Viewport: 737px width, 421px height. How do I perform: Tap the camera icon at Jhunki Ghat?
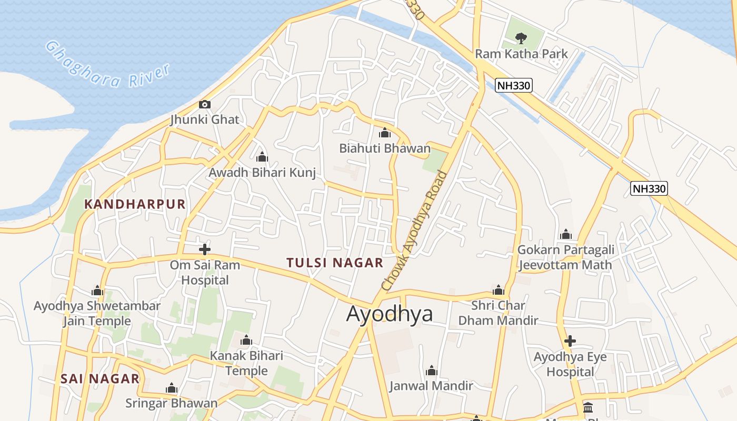pyautogui.click(x=205, y=105)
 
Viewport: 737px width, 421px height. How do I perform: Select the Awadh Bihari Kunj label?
pyautogui.click(x=262, y=172)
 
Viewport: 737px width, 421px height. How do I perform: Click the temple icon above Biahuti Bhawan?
pyautogui.click(x=385, y=133)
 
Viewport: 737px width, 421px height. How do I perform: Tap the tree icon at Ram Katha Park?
pyautogui.click(x=521, y=38)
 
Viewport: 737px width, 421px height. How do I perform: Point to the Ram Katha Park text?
pyautogui.click(x=521, y=54)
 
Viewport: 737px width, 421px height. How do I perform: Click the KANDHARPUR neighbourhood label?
pyautogui.click(x=135, y=204)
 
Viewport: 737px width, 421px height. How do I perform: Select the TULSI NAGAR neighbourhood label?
pyautogui.click(x=335, y=263)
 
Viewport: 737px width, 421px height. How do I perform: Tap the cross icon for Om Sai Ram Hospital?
pyautogui.click(x=205, y=249)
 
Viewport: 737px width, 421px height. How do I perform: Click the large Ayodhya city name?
pyautogui.click(x=390, y=314)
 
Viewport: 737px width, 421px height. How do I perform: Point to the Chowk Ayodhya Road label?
pyautogui.click(x=415, y=230)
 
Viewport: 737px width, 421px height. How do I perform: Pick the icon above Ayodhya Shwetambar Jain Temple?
pyautogui.click(x=97, y=291)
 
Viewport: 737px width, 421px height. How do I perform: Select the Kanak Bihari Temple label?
pyautogui.click(x=246, y=363)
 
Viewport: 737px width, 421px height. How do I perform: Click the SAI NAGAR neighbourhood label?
pyautogui.click(x=100, y=378)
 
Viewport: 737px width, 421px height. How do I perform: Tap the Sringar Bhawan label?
pyautogui.click(x=171, y=403)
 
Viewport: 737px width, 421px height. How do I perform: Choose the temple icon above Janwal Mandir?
pyautogui.click(x=432, y=371)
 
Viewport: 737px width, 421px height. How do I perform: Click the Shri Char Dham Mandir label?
pyautogui.click(x=498, y=313)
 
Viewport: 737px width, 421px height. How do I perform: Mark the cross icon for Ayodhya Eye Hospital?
pyautogui.click(x=570, y=341)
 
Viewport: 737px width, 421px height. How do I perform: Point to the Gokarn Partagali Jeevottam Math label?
pyautogui.click(x=565, y=257)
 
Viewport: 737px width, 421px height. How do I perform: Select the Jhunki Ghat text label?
pyautogui.click(x=205, y=119)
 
